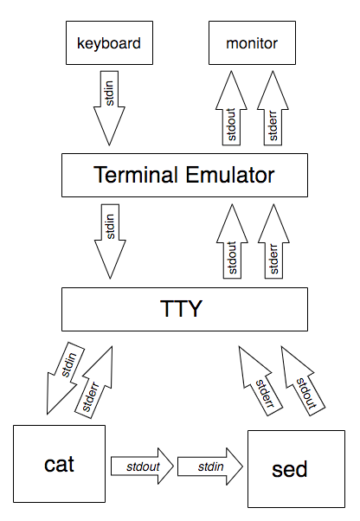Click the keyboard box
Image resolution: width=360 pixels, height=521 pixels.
109,43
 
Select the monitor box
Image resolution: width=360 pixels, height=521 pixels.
252,43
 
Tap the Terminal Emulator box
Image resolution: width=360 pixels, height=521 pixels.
184,175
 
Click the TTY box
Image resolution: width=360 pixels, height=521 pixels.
184,309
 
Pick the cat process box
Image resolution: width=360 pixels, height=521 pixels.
59,464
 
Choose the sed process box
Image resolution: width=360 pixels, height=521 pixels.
296,469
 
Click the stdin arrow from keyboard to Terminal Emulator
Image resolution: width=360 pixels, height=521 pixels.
109,108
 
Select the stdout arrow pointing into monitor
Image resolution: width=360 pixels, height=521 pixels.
231,108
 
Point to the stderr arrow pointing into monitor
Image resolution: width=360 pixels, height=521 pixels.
273,108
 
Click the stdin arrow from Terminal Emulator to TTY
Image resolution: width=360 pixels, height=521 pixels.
110,241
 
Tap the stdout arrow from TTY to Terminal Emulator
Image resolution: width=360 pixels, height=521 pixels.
232,241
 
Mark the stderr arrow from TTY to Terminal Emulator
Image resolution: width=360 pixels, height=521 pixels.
273,241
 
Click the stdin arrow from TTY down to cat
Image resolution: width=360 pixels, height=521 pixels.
66,378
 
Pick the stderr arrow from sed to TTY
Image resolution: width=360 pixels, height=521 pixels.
260,381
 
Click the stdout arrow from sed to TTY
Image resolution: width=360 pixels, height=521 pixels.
303,381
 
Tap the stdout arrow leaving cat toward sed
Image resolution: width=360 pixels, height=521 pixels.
142,466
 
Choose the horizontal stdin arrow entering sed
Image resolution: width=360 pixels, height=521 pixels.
210,466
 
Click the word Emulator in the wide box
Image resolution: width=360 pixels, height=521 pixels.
230,175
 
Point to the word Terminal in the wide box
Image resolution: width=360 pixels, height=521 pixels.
136,175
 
